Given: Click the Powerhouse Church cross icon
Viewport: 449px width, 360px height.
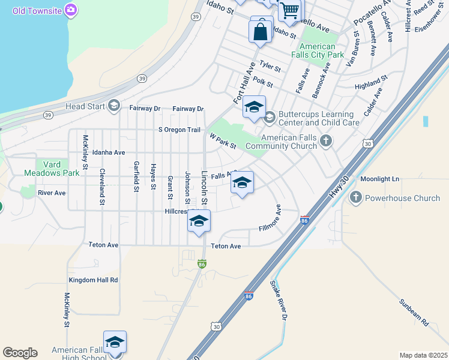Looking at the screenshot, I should click(355, 198).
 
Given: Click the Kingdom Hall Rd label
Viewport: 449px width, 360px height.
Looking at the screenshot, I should click(93, 280).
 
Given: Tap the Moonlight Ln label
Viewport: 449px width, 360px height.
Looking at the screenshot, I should click(379, 179).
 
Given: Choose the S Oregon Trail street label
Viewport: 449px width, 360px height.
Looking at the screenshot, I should click(179, 130).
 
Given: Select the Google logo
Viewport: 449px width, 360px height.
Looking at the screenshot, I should click(20, 353).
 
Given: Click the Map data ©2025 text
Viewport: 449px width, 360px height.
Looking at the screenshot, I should click(423, 355).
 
